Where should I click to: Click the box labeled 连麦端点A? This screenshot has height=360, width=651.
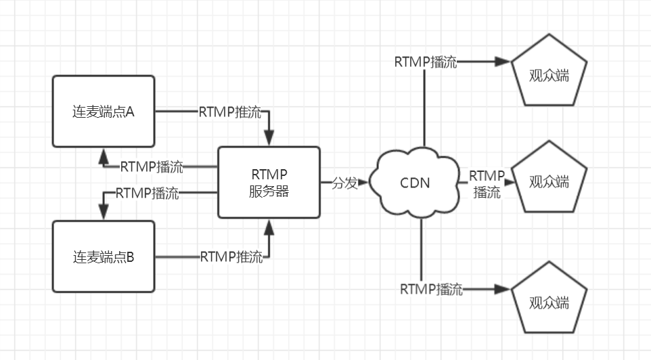point(104,111)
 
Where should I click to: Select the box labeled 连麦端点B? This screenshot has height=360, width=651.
point(104,256)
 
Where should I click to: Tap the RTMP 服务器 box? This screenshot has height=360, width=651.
point(269,182)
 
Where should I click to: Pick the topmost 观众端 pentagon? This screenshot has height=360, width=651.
point(549,74)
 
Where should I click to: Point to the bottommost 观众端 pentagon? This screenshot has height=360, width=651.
point(549,300)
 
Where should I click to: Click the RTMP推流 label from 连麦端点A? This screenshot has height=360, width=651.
point(229,112)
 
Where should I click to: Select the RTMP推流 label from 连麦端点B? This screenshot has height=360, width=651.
point(231,256)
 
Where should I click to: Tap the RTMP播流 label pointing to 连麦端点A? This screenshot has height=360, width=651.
point(151,166)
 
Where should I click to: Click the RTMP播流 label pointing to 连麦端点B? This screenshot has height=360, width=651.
point(147,193)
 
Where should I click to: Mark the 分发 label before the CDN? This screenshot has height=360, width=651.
point(344,183)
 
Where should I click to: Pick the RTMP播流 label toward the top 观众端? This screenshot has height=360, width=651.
point(426,62)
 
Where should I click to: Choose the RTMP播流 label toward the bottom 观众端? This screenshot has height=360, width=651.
point(431,290)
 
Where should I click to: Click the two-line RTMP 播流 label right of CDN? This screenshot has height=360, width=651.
point(487,183)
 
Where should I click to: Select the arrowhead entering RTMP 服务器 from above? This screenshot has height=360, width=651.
point(269,139)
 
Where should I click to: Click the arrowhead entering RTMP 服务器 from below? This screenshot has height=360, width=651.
point(269,225)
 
